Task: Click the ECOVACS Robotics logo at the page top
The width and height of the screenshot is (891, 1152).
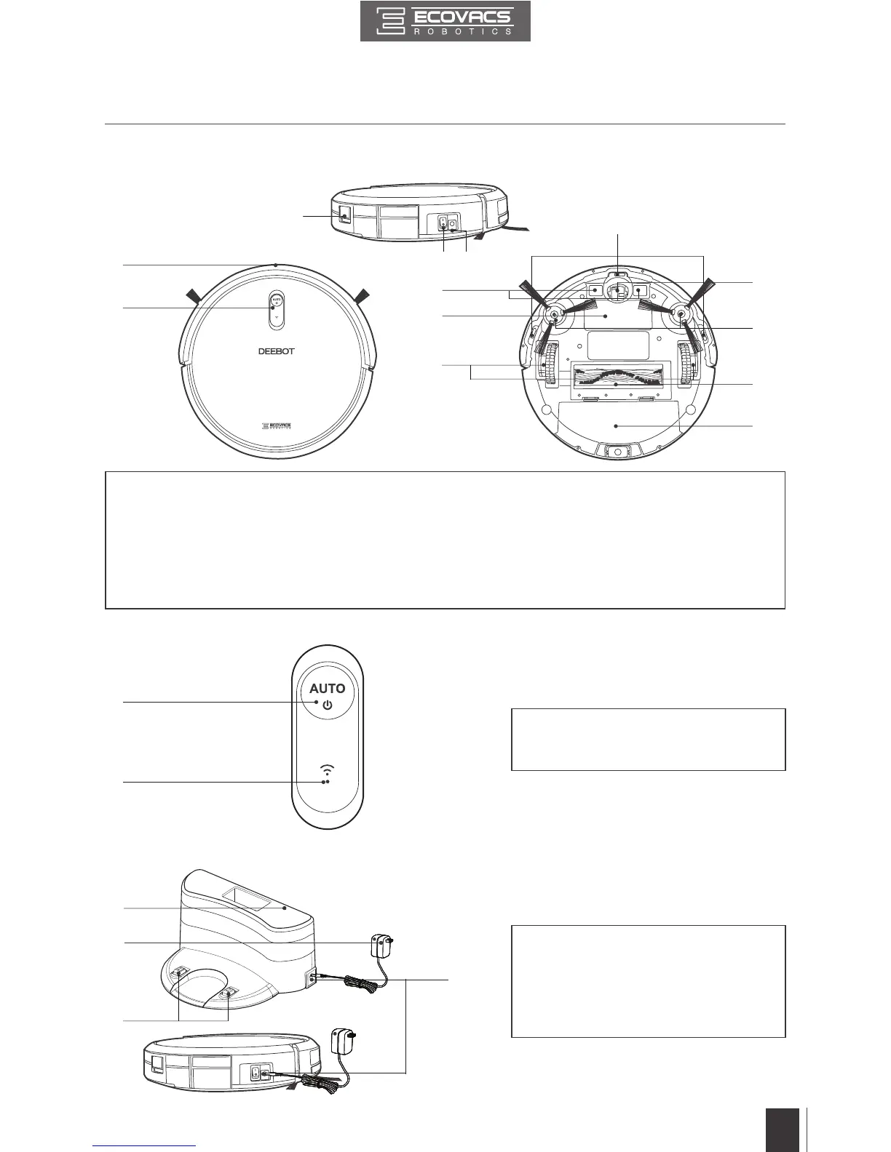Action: (x=445, y=22)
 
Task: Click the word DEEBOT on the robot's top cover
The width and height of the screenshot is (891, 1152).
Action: (x=277, y=351)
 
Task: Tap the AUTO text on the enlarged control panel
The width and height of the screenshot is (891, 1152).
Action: (x=328, y=688)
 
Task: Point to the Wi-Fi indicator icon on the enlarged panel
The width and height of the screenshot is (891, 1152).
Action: (x=327, y=772)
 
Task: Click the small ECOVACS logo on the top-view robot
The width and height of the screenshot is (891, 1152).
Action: (x=277, y=427)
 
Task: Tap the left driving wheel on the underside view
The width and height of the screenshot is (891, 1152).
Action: (x=547, y=364)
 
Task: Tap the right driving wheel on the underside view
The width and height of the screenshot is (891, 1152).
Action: (x=686, y=364)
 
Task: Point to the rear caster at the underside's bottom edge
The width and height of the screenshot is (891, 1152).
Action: (x=616, y=452)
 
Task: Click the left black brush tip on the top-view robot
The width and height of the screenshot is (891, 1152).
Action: (x=193, y=295)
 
